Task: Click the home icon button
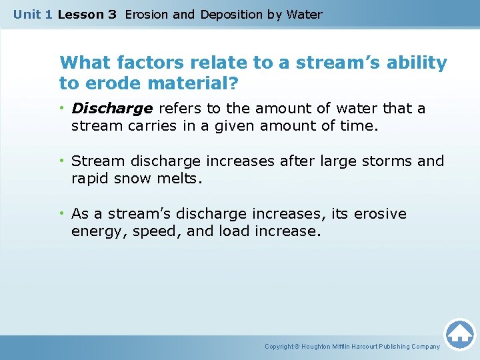459,334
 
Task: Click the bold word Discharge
112,109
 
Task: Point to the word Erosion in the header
146,14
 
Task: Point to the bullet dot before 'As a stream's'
63,214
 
